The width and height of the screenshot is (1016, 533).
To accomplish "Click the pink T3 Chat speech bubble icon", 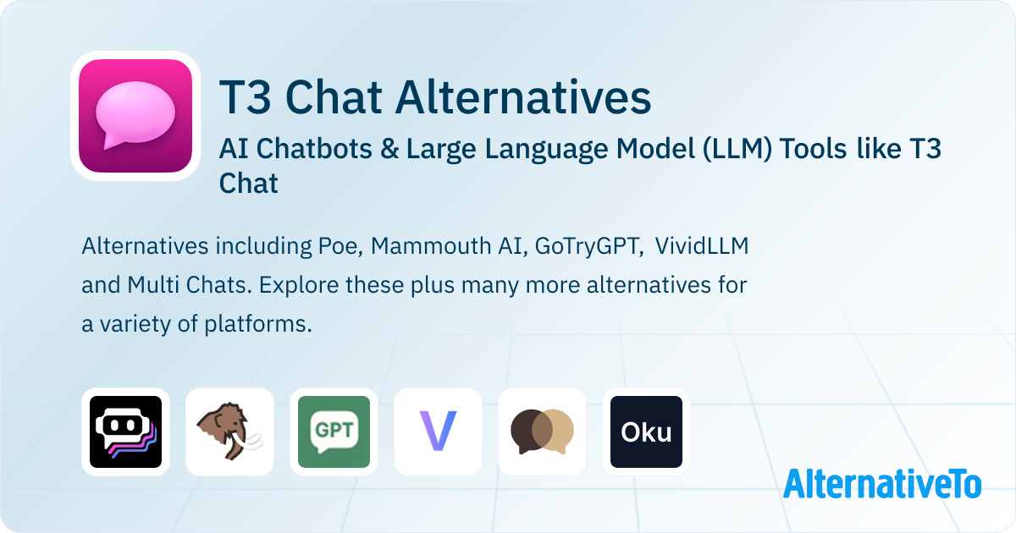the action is coord(135,116).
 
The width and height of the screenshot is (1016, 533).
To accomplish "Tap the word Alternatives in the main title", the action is coord(523,97).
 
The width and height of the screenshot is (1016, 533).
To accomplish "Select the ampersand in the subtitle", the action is coord(389,149).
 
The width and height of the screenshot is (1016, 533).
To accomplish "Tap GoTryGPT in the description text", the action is coord(589,246).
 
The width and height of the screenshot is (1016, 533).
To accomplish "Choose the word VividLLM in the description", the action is coord(702,246).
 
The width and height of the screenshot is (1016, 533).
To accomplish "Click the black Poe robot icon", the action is coord(125,432).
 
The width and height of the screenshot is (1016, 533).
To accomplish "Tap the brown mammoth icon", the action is coord(229,432).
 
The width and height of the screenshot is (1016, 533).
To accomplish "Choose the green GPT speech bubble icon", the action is coord(334,432).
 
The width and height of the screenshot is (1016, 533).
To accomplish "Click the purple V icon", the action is coord(439,431).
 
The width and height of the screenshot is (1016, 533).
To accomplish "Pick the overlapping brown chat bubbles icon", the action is coord(542,431).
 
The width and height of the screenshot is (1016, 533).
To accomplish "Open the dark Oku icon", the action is coord(646,432).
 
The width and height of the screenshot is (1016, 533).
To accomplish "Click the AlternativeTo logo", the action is coord(882,484).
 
